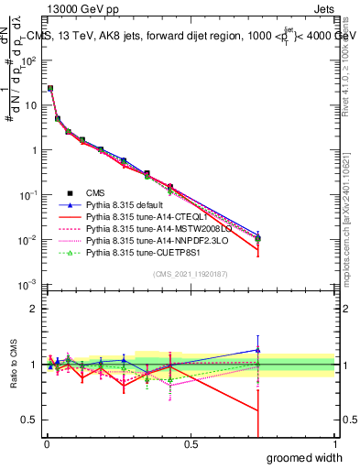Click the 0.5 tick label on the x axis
(190, 443)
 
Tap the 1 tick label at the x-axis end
(334, 443)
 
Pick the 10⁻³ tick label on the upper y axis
(27, 285)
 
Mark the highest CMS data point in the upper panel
(49, 89)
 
